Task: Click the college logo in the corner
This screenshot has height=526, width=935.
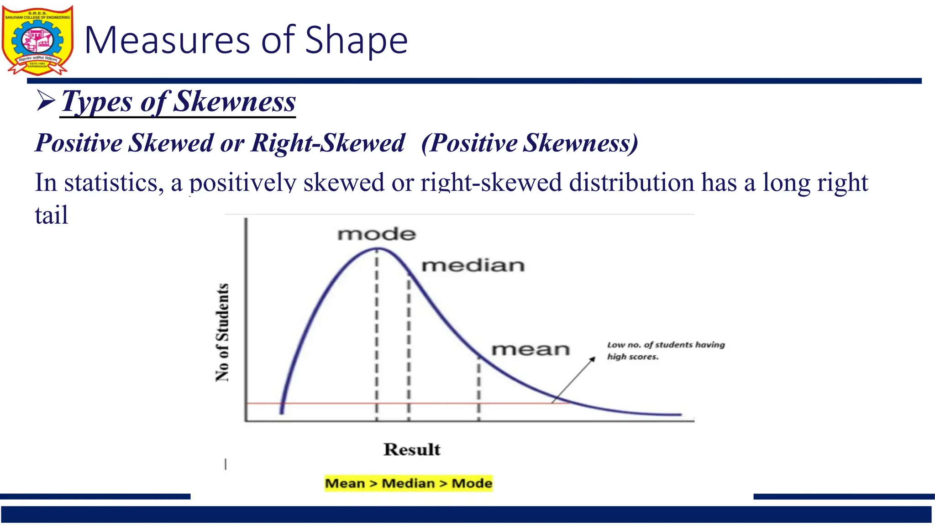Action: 37,40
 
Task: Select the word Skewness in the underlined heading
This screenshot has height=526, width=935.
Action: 235,101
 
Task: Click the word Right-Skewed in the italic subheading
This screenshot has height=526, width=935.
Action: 328,143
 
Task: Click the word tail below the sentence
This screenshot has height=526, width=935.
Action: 51,215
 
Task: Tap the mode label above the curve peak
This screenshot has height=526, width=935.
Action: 377,234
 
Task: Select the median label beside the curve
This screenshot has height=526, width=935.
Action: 473,265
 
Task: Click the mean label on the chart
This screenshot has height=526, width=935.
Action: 531,349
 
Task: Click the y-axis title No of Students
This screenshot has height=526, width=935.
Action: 222,332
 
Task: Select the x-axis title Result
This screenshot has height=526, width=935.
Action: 412,449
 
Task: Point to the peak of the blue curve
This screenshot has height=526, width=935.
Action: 378,249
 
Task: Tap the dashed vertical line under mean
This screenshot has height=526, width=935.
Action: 479,388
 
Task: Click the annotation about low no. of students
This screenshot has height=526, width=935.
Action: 666,350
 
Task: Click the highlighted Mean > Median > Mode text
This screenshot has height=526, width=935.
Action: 409,483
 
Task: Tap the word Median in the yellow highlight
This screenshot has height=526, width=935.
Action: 408,483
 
